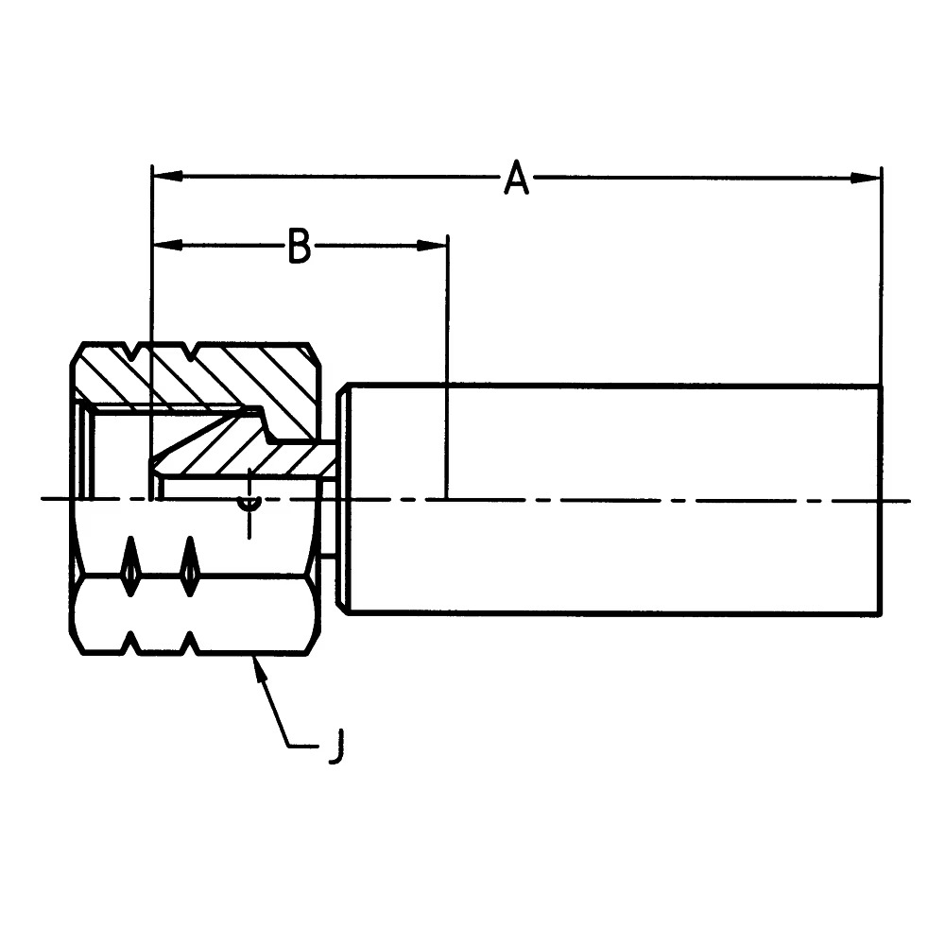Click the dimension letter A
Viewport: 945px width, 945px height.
(x=516, y=178)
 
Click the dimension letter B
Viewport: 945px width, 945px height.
(x=299, y=247)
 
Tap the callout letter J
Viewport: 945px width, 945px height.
(x=335, y=747)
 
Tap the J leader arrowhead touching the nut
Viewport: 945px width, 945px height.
(x=256, y=664)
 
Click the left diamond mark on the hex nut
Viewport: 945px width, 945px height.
(x=129, y=568)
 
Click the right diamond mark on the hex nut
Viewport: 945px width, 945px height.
(x=190, y=568)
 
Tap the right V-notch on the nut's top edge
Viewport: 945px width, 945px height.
(x=194, y=352)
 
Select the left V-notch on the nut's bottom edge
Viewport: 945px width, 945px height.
(x=132, y=644)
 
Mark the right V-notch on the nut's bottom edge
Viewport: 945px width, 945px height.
(x=192, y=644)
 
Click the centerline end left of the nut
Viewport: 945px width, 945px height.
(x=45, y=500)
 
